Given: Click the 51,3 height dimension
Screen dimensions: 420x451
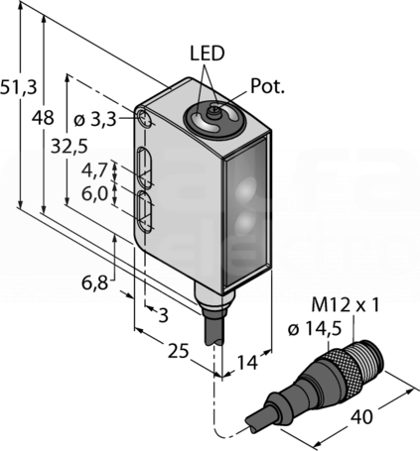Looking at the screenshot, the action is pyautogui.click(x=19, y=88).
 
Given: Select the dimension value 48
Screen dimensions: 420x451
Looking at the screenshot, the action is pyautogui.click(x=43, y=118).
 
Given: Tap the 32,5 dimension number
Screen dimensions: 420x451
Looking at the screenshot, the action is pyautogui.click(x=70, y=147).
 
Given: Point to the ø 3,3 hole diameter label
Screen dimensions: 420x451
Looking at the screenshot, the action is pyautogui.click(x=95, y=120).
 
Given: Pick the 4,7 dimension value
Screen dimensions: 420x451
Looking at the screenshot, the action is pyautogui.click(x=94, y=170).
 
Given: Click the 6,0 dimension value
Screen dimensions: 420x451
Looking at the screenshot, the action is pyautogui.click(x=95, y=194).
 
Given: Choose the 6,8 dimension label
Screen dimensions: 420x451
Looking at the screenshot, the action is pyautogui.click(x=95, y=283).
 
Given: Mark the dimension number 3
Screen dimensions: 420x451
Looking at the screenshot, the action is pyautogui.click(x=163, y=316).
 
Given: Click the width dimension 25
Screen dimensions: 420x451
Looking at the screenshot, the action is pyautogui.click(x=178, y=351).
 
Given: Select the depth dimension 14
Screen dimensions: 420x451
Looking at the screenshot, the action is pyautogui.click(x=247, y=363).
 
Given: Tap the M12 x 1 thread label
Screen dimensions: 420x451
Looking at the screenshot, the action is pyautogui.click(x=346, y=305).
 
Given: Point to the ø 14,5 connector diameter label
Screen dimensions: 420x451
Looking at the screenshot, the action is pyautogui.click(x=315, y=329).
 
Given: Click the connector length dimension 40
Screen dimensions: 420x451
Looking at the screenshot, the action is pyautogui.click(x=361, y=417).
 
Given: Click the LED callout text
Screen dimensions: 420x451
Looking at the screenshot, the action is pyautogui.click(x=208, y=54).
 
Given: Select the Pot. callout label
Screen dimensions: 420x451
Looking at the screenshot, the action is pyautogui.click(x=267, y=86).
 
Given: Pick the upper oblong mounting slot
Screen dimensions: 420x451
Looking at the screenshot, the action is pyautogui.click(x=144, y=169).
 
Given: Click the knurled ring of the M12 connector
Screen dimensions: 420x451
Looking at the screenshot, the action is pyautogui.click(x=345, y=366).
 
